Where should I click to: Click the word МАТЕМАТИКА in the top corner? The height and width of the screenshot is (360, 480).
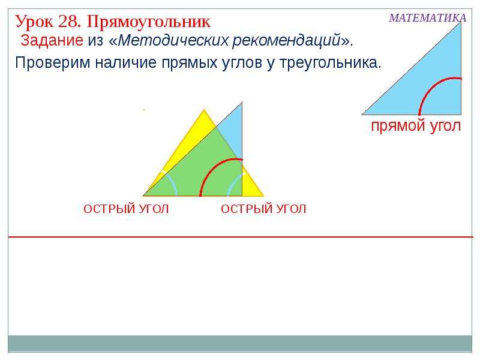428,18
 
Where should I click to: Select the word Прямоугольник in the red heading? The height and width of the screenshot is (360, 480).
149,22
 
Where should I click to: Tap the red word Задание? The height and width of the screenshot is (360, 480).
52,40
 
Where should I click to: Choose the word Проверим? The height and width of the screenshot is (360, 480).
53,63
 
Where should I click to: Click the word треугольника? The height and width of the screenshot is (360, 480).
328,63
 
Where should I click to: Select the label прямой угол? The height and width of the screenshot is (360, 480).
416,126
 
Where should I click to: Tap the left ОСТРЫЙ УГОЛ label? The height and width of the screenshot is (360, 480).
126,209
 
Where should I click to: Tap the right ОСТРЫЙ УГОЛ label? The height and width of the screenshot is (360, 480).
263,209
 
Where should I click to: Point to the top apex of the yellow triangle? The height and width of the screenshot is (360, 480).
204,109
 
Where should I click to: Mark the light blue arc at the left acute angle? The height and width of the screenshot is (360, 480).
173,183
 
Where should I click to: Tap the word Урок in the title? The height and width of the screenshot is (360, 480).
34,22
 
